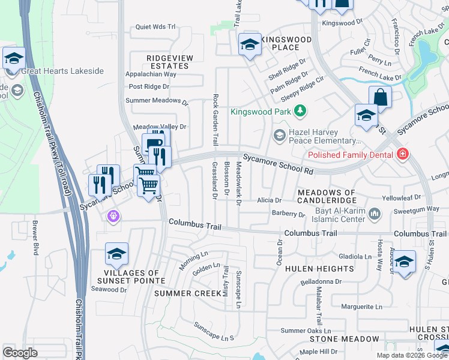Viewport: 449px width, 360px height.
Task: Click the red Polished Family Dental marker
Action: click(402, 154)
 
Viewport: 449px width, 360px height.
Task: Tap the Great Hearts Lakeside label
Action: click(62, 71)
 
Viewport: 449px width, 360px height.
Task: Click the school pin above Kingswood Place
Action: click(250, 44)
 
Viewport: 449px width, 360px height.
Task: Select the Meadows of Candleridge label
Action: click(327, 196)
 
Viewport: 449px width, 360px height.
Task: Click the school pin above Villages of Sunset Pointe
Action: click(116, 254)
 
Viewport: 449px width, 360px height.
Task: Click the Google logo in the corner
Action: click(20, 353)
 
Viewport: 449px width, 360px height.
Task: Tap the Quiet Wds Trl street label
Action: click(155, 27)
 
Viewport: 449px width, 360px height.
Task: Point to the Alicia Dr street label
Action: click(270, 200)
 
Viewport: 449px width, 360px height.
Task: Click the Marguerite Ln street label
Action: click(361, 307)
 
